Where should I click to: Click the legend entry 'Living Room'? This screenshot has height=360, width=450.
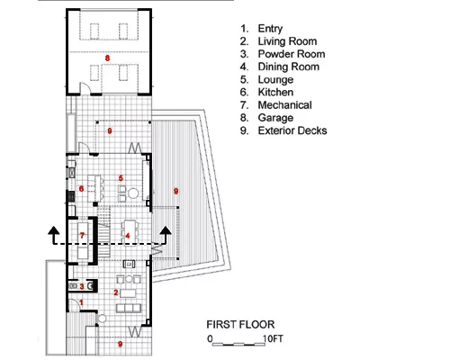coord(287,41)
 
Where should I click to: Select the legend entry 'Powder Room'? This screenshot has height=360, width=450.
coord(292,54)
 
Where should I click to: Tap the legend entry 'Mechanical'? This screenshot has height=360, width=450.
coord(284,105)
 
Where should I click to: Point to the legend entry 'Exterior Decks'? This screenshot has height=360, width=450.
coord(292,130)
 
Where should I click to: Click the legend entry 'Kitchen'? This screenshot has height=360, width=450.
coord(275,92)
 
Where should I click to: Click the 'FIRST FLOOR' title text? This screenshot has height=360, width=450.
coord(240,325)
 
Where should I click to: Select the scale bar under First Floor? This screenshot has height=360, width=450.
coord(238,345)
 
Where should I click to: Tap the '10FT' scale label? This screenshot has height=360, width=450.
coord(273,338)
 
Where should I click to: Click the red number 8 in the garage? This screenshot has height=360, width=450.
coord(107,58)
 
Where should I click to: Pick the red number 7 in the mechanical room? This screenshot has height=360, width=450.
coord(82,236)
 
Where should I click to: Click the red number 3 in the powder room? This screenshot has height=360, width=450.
coord(82,286)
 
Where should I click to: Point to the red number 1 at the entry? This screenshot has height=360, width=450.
coord(81,302)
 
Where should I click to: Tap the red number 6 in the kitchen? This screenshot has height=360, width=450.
coord(81,189)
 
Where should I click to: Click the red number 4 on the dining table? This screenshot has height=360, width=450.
coord(128,236)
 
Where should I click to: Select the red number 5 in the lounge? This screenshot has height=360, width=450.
coord(121,178)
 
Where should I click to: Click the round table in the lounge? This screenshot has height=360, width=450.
coord(133,193)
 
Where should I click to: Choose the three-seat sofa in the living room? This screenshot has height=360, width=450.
coord(129,308)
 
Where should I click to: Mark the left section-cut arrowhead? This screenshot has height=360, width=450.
coord(54,230)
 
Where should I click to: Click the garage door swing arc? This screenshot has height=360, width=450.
coord(85,87)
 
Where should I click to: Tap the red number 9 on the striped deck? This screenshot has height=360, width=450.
coord(176,191)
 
